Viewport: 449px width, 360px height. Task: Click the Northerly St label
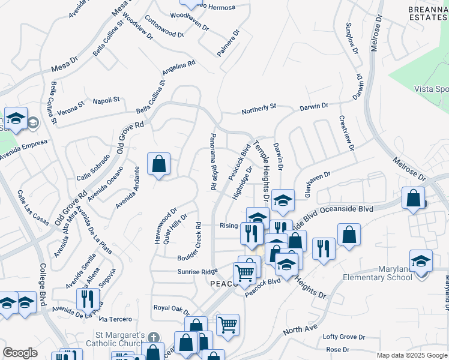[259, 109]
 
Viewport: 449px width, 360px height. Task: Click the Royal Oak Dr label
[171, 309]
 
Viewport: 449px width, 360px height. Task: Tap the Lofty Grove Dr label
[344, 337]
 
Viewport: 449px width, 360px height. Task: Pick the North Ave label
[299, 330]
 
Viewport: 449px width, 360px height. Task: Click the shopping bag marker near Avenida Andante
[158, 164]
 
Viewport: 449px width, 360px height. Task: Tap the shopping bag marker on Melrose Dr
[414, 199]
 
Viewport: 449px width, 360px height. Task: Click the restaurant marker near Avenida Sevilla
[88, 299]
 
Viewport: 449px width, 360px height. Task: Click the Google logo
[20, 353]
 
